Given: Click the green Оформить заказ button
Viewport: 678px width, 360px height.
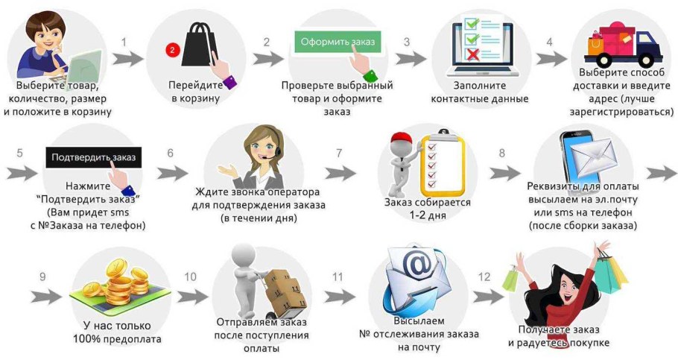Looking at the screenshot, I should pos(338,41).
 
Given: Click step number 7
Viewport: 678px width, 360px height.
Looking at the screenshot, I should pos(339,153).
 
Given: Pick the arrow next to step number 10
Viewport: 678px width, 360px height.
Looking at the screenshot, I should pos(192,295).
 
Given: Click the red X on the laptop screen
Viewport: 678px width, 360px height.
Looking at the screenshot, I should pos(472,54).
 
